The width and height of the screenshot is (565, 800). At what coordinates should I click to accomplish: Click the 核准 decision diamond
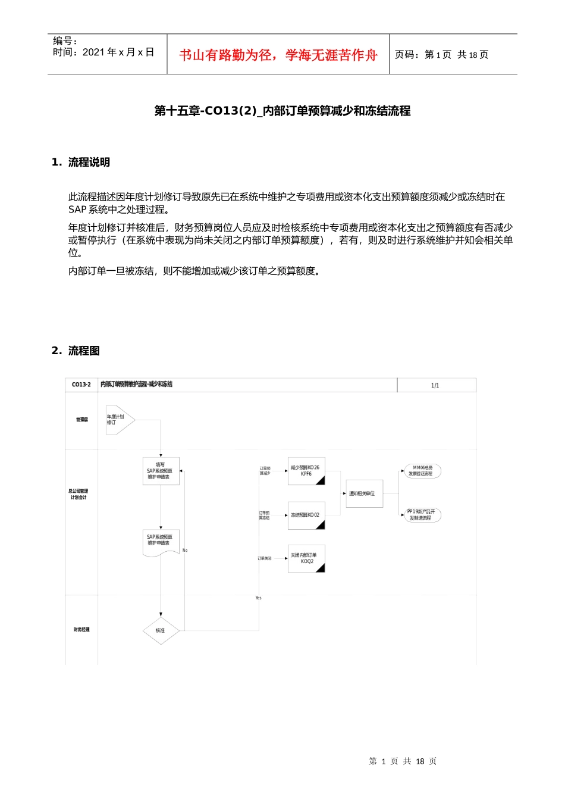pyautogui.click(x=161, y=630)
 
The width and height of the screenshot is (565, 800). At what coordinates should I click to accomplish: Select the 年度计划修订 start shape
pyautogui.click(x=119, y=420)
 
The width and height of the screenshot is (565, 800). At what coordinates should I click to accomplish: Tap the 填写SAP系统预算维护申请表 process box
pyautogui.click(x=161, y=471)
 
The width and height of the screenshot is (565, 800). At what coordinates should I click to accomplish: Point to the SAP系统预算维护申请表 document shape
pyautogui.click(x=161, y=542)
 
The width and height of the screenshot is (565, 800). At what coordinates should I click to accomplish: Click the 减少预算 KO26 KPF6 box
pyautogui.click(x=306, y=471)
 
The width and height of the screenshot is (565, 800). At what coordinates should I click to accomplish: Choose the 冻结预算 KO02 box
pyautogui.click(x=306, y=515)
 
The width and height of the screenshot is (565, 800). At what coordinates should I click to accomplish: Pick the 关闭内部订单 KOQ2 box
pyautogui.click(x=306, y=558)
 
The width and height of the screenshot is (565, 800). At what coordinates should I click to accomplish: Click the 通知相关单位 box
pyautogui.click(x=364, y=493)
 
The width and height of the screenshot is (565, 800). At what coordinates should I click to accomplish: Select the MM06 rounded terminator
pyautogui.click(x=422, y=471)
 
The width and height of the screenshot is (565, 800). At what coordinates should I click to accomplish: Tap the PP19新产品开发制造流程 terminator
pyautogui.click(x=422, y=515)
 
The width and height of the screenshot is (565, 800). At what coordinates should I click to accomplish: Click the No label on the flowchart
pyautogui.click(x=185, y=550)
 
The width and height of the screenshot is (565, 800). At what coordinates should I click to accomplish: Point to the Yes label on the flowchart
pyautogui.click(x=258, y=598)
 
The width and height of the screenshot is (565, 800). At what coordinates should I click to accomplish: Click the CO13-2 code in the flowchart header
pyautogui.click(x=81, y=385)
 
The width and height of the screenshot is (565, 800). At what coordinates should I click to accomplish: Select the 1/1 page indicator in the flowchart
pyautogui.click(x=435, y=386)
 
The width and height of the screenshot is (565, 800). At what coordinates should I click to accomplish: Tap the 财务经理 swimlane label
pyautogui.click(x=81, y=629)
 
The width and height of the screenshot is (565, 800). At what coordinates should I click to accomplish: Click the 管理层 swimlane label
pyautogui.click(x=81, y=420)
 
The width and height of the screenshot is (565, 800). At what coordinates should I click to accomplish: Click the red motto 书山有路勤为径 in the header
pyautogui.click(x=278, y=55)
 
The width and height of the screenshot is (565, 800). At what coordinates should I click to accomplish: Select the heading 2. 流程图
pyautogui.click(x=76, y=351)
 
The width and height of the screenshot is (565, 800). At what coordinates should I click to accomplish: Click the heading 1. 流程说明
pyautogui.click(x=81, y=162)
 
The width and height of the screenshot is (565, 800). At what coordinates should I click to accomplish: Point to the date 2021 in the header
pyautogui.click(x=94, y=52)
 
